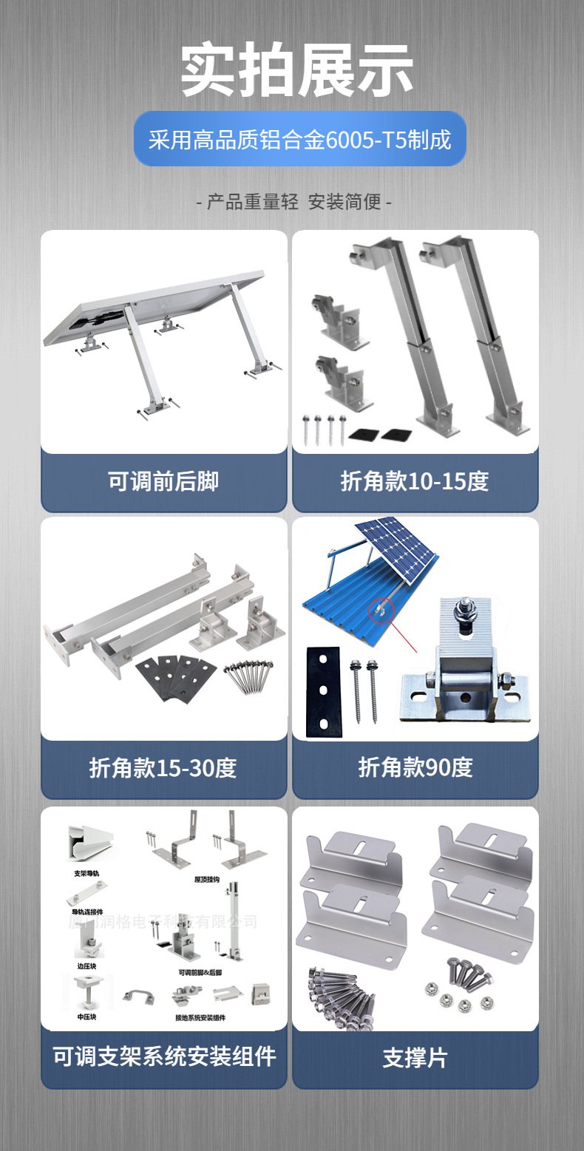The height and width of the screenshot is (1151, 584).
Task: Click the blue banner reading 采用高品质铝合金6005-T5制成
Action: (x=299, y=139)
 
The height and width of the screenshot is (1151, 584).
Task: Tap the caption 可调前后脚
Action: (x=163, y=481)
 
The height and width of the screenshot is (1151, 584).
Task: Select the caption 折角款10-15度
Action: (x=415, y=481)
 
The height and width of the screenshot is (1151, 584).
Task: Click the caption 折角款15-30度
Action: (x=163, y=767)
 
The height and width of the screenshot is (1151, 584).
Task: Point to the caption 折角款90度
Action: (x=415, y=767)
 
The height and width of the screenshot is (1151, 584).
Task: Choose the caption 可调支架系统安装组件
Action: (x=163, y=1056)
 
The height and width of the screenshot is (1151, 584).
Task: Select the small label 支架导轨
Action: (x=86, y=873)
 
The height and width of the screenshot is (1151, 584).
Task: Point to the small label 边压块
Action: (x=86, y=965)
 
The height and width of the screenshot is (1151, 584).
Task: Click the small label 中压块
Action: (x=86, y=1017)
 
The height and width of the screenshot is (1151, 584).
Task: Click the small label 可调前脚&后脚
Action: (x=200, y=971)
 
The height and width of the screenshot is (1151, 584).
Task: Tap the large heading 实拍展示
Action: (x=297, y=71)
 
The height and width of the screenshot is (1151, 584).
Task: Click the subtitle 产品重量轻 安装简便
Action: (x=294, y=201)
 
